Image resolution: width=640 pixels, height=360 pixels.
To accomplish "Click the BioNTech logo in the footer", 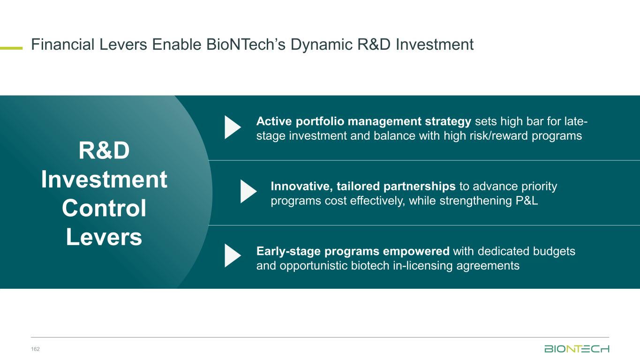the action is coord(577,349).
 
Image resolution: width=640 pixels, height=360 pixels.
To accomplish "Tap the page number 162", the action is coord(35,349).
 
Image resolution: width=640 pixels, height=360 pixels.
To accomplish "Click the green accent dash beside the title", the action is coord(11,48).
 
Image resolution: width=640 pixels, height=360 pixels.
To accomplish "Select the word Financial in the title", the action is coord(62,45).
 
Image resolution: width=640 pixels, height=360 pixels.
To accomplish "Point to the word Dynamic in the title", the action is coord(322,45).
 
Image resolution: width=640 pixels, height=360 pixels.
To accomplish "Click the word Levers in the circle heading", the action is coord(104,237).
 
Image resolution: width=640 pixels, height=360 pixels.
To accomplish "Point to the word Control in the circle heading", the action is coord(104,208).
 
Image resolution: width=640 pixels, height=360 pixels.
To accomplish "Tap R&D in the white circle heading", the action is coord(104,150).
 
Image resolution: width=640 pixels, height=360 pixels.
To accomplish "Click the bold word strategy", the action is coord(448,122).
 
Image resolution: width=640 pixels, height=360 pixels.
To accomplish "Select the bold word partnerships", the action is coord(420,187).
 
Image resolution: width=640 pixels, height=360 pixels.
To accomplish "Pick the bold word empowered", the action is coord(416,252).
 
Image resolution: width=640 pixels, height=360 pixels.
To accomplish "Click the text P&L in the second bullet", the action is coord(527,201).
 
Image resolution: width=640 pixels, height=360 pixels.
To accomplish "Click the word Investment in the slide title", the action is coord(435,45).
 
